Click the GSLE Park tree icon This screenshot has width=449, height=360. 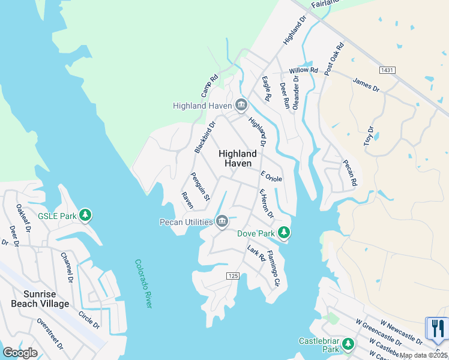coord(85,215)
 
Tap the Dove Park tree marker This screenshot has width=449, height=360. coord(283,232)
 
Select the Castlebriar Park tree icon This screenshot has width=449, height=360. coord(348,344)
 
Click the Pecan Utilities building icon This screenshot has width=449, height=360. coord(222,222)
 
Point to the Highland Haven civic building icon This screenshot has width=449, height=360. coord(241,106)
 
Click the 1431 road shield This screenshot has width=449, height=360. coord(387,71)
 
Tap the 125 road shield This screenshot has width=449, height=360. coord(234,275)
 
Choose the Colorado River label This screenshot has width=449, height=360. coord(143,284)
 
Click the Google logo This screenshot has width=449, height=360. coord(20,353)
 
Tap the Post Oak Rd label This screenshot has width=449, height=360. coord(334,59)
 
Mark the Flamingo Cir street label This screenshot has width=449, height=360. coord(273,268)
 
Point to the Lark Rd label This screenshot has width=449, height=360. coord(256,253)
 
